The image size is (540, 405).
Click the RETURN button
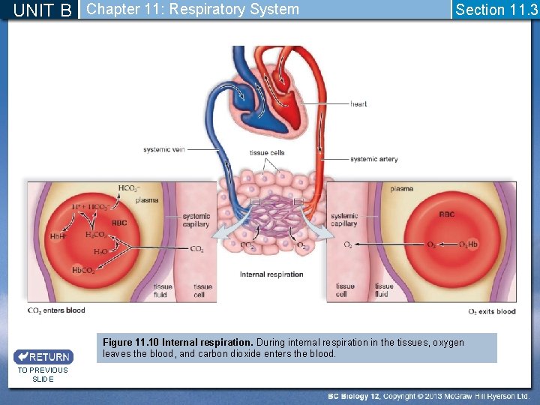[x=43, y=357]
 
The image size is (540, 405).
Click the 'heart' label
[x=358, y=103]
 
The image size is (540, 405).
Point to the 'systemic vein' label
[x=163, y=150]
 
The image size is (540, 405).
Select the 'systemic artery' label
[x=373, y=159]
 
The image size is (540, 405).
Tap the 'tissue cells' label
[x=267, y=153]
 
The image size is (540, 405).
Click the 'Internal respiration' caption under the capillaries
[x=271, y=274]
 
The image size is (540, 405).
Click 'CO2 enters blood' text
[x=56, y=310]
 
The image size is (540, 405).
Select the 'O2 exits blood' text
[x=492, y=311]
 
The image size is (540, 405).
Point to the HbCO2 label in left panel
[x=83, y=270]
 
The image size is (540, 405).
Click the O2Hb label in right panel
[x=468, y=244]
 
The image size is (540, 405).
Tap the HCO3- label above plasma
[x=129, y=188]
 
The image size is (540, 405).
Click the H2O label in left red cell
[x=100, y=252]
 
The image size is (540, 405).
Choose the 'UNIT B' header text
[x=43, y=10]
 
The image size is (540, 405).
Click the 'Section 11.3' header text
[x=496, y=10]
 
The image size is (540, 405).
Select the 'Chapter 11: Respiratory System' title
[x=193, y=10]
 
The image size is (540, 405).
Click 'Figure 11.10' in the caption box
[x=130, y=343]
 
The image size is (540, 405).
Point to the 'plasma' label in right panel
[x=401, y=189]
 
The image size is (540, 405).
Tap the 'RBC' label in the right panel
[x=446, y=214]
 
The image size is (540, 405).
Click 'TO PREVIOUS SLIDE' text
[x=43, y=374]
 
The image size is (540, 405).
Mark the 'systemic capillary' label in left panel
[x=196, y=220]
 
